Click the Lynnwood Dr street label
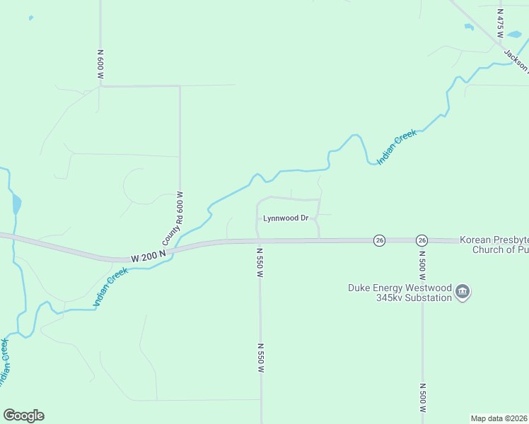click(286, 218)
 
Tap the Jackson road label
click(516, 60)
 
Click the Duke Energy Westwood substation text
click(400, 293)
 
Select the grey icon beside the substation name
click(463, 292)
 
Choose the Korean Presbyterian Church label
click(494, 245)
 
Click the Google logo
click(23, 416)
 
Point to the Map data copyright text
click(499, 418)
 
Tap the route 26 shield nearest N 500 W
click(422, 240)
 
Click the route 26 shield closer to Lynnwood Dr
click(379, 240)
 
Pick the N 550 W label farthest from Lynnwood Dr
click(260, 359)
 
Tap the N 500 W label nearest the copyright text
click(422, 399)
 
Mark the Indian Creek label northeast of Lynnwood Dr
click(397, 147)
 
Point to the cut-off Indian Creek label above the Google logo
click(5, 363)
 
